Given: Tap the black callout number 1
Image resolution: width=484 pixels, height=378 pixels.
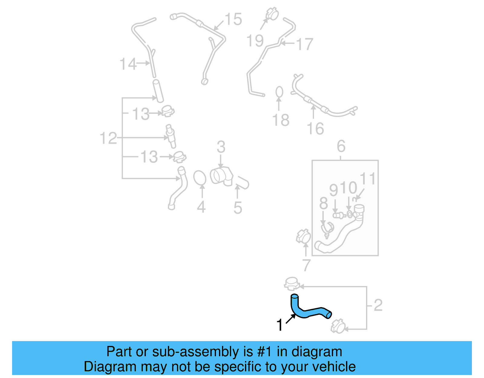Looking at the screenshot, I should click(x=280, y=325).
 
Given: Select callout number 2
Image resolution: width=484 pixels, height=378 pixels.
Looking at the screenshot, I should click(x=378, y=305).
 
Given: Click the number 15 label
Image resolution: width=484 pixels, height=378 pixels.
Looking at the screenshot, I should click(x=233, y=19).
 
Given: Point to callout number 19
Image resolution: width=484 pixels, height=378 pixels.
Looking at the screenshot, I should click(x=255, y=41).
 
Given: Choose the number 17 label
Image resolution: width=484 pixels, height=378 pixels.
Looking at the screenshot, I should click(x=305, y=44).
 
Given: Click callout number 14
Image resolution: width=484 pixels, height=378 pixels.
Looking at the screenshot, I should click(x=128, y=64).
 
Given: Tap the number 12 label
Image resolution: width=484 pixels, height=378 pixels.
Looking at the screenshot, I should click(x=108, y=138).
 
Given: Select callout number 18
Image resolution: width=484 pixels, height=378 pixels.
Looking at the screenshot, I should click(x=281, y=120).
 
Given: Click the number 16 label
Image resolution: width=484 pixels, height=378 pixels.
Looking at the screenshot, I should click(x=316, y=129).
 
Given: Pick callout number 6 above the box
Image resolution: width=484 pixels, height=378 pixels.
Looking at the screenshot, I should click(x=341, y=146).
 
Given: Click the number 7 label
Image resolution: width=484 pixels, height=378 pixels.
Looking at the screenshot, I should click(x=306, y=265).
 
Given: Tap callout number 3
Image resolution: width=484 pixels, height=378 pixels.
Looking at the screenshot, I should click(x=221, y=147).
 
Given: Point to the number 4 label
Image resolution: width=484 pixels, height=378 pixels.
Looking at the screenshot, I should click(x=201, y=207).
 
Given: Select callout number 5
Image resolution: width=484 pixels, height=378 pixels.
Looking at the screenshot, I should click(x=238, y=208).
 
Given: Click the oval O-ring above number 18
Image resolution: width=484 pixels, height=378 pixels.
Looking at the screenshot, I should click(x=279, y=92).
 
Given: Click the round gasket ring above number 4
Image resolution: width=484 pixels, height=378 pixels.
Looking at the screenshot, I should click(x=200, y=178).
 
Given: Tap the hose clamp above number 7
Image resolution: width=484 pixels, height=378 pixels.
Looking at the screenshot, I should click(x=303, y=236).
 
